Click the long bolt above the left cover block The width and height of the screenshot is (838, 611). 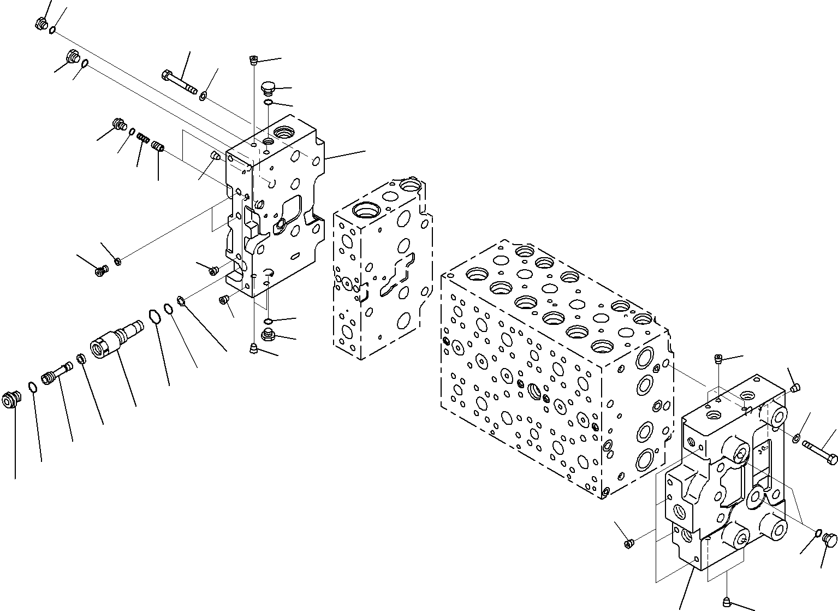click(x=179, y=82)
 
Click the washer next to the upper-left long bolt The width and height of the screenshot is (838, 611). click(x=203, y=97)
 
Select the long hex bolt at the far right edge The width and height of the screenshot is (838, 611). click(x=821, y=453)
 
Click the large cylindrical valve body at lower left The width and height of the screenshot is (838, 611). click(x=115, y=340)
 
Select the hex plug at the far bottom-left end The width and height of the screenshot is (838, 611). click(x=10, y=400)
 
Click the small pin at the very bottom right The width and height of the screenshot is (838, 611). click(x=729, y=601)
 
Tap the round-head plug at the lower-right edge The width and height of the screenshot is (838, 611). click(x=829, y=539)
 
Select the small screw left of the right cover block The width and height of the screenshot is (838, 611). click(x=628, y=543)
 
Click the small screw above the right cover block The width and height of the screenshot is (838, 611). click(x=719, y=359)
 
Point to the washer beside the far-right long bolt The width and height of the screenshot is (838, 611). click(x=797, y=437)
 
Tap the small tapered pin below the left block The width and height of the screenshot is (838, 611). click(x=253, y=348)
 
